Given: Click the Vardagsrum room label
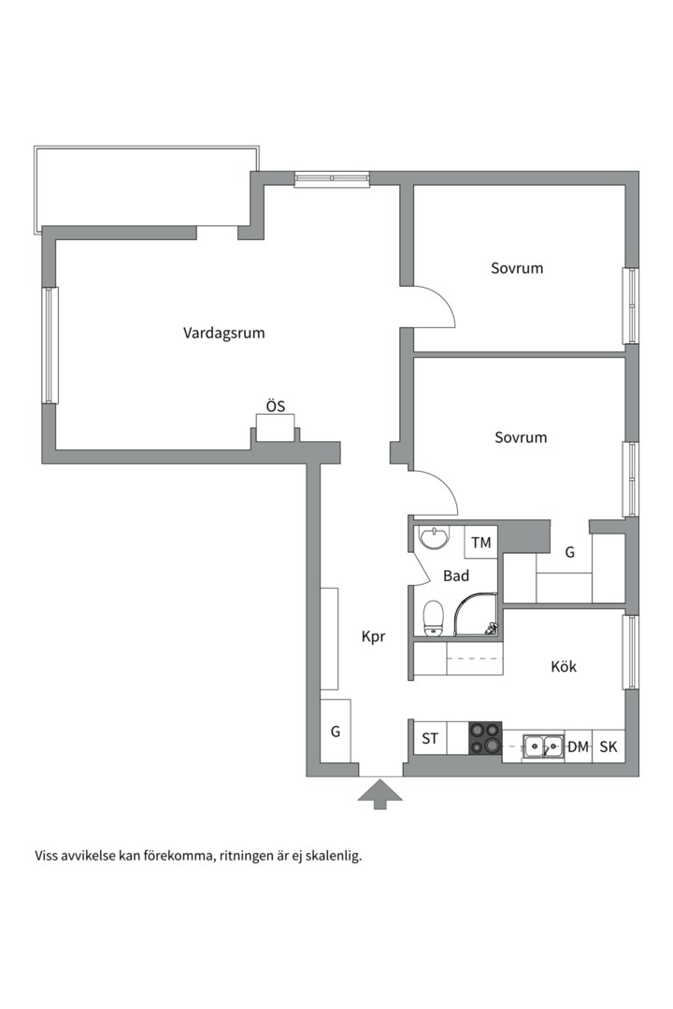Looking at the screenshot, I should pos(223,333).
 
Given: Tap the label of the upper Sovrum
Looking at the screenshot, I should pos(517,268).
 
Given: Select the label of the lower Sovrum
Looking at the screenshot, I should pos(521,437).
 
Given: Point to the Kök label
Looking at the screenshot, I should pos(564,666).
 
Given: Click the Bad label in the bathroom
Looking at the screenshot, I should pos(456,576).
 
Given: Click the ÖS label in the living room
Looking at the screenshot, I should pos(275,406).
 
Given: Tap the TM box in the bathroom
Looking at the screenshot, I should pos(480,543).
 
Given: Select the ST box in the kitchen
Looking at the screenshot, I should pos(430,739).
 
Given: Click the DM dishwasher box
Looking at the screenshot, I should pos(578,746).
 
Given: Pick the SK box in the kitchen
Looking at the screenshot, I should pos(609,746).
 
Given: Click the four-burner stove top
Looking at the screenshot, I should pos(485,737).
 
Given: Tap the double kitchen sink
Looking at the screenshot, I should pos(542,746).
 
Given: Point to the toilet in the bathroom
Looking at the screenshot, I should pos(433,618).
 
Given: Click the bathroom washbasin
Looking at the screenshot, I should pos(434,538).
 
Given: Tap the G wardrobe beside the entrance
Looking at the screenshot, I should pos(336,732).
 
